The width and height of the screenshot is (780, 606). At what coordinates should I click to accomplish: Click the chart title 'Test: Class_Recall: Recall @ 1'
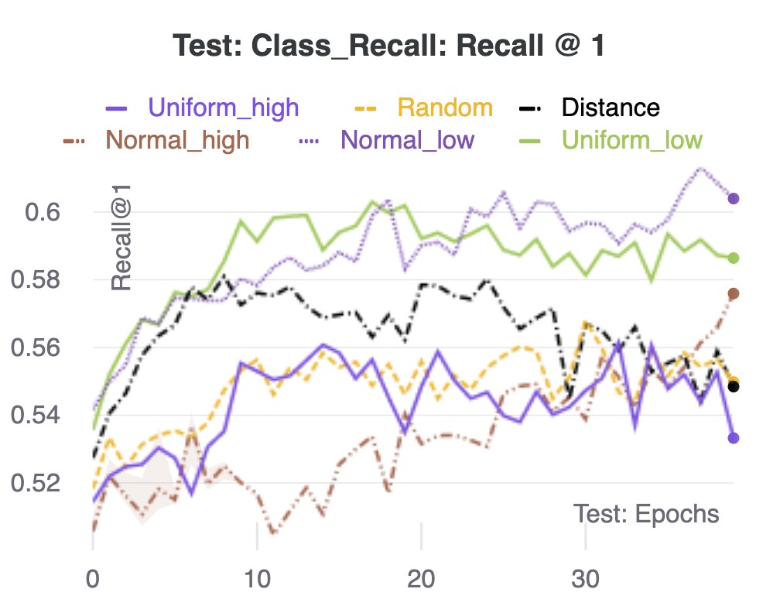389,46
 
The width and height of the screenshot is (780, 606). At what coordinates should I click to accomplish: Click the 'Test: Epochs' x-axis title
646,514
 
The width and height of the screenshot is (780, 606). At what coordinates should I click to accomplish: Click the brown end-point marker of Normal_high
734,293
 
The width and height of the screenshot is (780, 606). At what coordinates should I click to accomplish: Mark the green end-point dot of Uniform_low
734,258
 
